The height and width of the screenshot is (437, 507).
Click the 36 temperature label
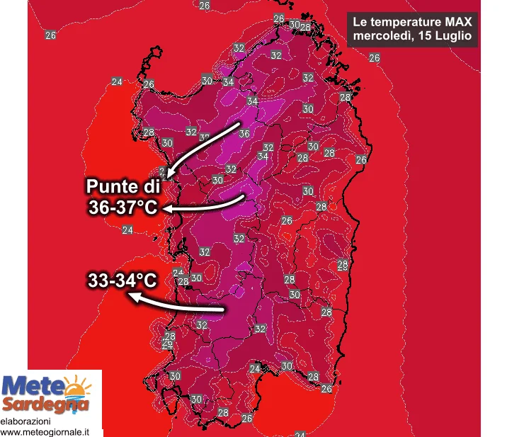(x=244, y=133)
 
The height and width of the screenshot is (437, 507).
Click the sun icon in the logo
(x=77, y=387)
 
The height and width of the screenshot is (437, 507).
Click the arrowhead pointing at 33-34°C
(x=132, y=297)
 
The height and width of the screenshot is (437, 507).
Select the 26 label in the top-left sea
(x=50, y=35)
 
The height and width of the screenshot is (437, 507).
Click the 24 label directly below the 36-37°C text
(x=127, y=229)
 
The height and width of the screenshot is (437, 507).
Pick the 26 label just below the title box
(x=375, y=57)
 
